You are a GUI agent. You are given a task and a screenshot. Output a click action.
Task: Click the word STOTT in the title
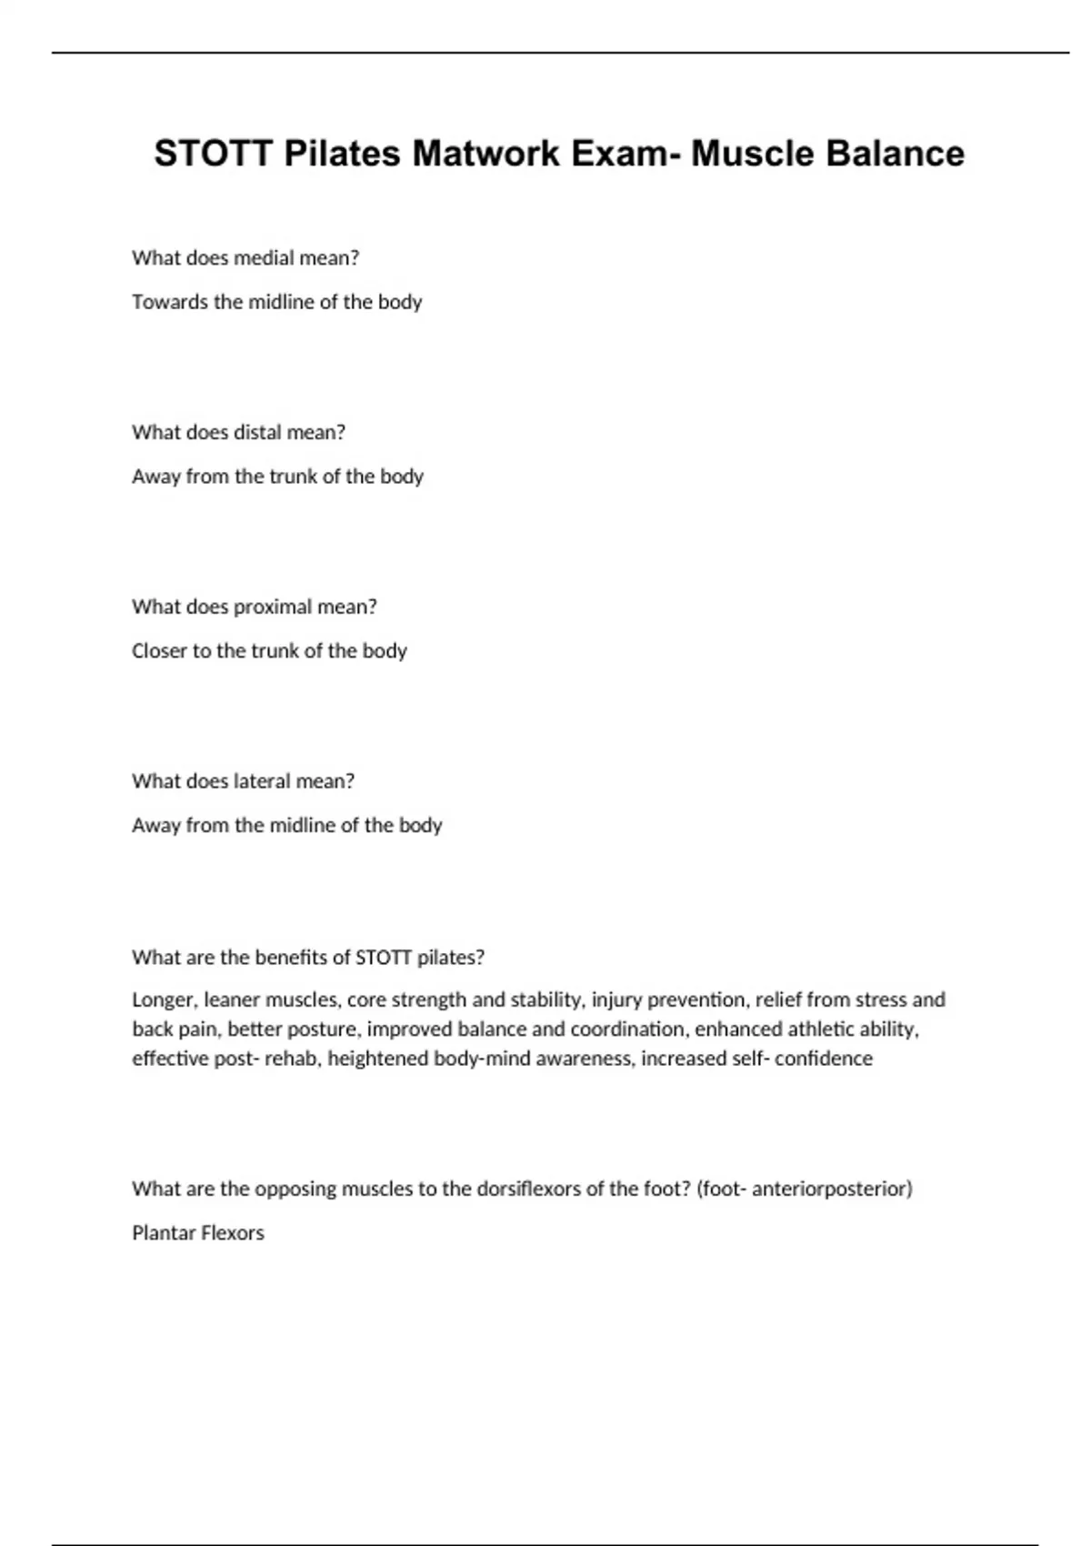[x=213, y=154]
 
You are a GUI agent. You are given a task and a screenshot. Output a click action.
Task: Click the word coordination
[x=627, y=1029]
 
